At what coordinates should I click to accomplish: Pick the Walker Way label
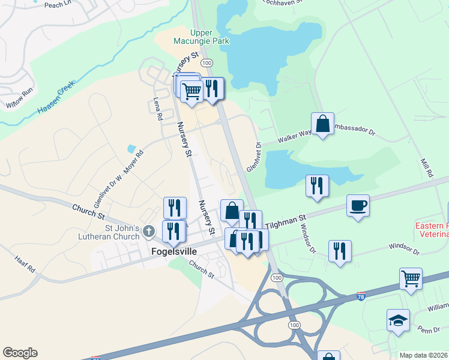294,136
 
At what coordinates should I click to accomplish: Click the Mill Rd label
427,166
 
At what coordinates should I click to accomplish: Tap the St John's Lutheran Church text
122,232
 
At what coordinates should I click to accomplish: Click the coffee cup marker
358,206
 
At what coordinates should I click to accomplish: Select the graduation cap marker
398,320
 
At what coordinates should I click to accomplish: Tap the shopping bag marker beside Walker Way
322,124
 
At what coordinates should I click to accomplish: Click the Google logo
20,353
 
